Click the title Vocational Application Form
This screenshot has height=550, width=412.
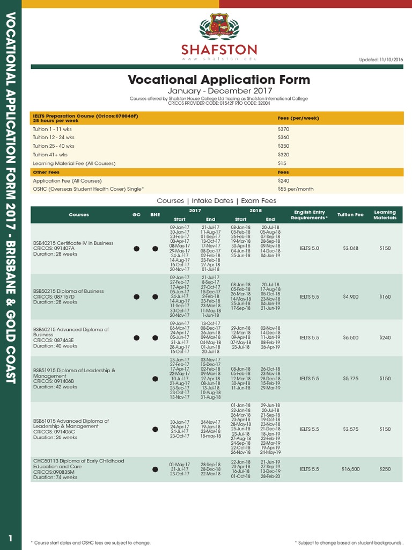click(219, 80)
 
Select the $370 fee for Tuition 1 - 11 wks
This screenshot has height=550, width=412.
click(283, 129)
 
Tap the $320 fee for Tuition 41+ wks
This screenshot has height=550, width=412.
click(283, 155)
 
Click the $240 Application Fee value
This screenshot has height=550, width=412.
click(283, 181)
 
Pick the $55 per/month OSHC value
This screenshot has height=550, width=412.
click(296, 189)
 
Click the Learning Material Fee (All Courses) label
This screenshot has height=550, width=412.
click(74, 163)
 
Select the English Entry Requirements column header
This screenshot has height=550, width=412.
click(309, 215)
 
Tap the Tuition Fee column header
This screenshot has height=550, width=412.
click(350, 215)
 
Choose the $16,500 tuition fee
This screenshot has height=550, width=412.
click(350, 469)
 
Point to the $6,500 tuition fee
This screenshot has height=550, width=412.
click(350, 338)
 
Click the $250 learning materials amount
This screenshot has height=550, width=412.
click(385, 469)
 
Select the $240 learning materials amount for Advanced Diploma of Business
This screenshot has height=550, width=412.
click(385, 338)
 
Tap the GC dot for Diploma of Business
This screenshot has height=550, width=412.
click(137, 296)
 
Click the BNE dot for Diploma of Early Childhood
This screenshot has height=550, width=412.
click(155, 469)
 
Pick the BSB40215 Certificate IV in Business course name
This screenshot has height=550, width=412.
click(73, 243)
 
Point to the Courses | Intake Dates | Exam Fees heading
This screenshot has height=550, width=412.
click(216, 201)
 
